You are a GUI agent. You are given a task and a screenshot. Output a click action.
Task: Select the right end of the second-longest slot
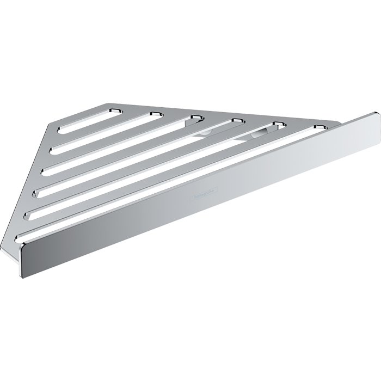pos(281,125)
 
